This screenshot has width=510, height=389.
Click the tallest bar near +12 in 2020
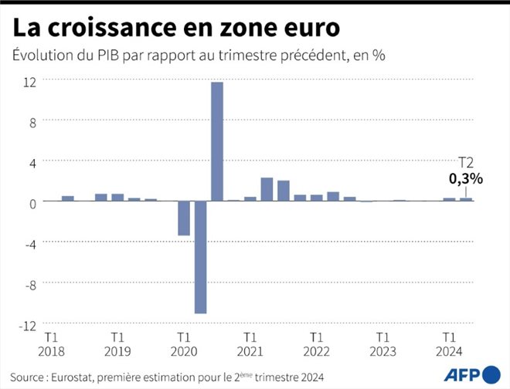(x=217, y=141)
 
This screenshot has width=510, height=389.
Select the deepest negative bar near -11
(x=201, y=257)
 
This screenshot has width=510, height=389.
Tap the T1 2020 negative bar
(x=184, y=218)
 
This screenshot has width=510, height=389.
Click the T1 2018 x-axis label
(x=51, y=344)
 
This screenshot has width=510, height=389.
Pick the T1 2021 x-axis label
(x=250, y=344)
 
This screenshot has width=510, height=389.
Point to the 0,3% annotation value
(x=466, y=179)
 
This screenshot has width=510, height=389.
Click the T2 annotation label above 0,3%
(x=466, y=163)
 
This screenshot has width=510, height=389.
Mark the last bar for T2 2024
(x=466, y=199)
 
